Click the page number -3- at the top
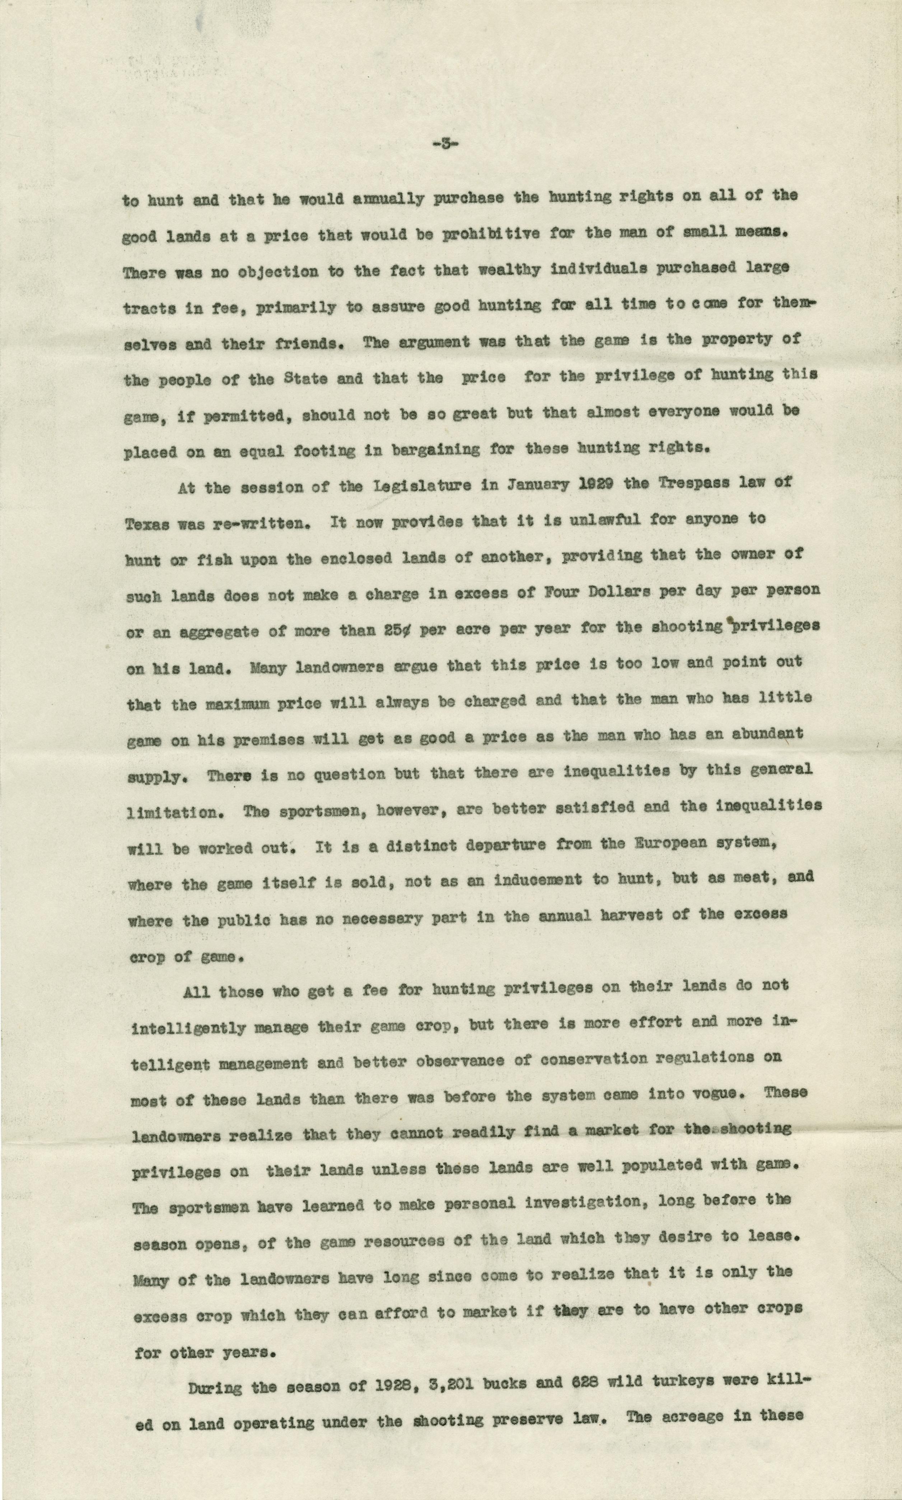(x=445, y=145)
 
